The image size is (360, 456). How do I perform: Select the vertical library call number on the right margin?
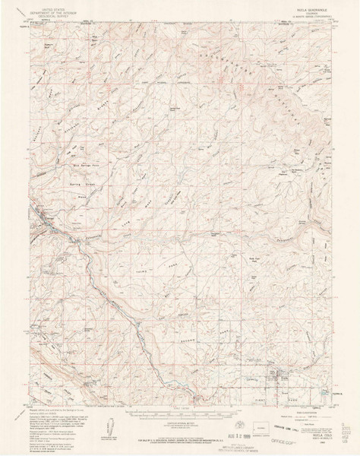click(x=352, y=436)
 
